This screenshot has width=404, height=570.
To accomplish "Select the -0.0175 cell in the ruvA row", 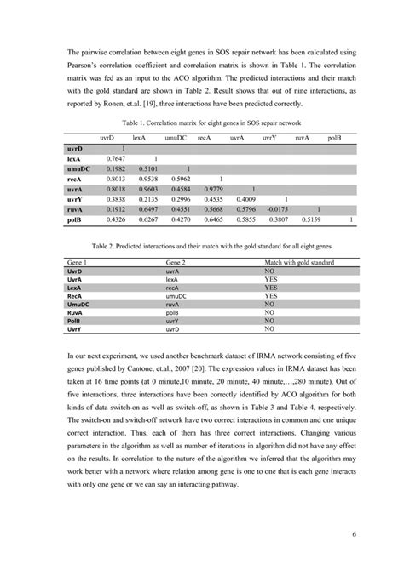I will [275, 208].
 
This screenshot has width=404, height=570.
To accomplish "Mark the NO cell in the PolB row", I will [272, 320].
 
